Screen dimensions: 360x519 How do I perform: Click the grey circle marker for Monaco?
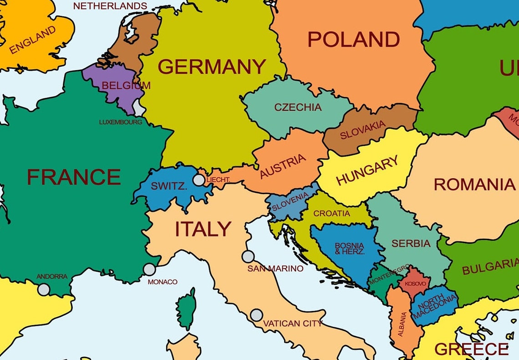[x=149, y=269]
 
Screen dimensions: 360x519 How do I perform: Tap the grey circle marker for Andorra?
[x=44, y=289]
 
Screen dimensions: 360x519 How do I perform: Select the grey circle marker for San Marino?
[x=248, y=257]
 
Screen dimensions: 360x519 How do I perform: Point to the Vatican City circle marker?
[x=257, y=315]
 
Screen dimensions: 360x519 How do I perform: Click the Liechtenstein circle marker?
[x=199, y=180]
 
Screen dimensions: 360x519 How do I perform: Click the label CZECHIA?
[x=298, y=108]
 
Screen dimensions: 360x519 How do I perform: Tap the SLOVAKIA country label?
[x=363, y=130]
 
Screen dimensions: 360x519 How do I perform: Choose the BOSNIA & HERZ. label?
[x=350, y=248]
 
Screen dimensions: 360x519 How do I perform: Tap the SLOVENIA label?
[x=290, y=202]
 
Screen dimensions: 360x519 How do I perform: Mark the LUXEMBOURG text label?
[x=121, y=122]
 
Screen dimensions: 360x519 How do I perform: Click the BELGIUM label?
[x=126, y=85]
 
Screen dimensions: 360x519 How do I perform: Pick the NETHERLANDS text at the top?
[x=110, y=6]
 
